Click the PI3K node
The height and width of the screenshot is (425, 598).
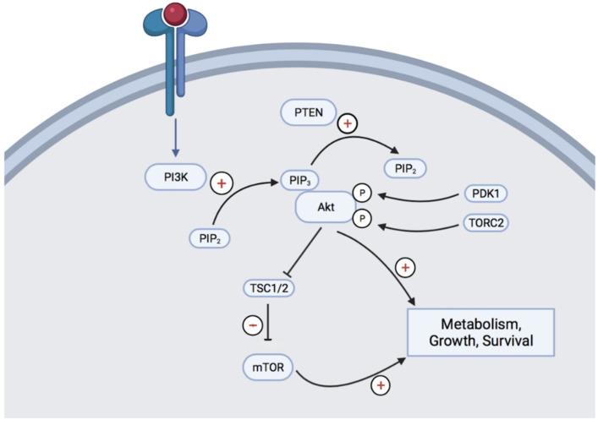click(175, 178)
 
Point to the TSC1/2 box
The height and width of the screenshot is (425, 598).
click(267, 287)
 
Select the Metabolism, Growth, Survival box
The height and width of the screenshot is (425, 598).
click(480, 331)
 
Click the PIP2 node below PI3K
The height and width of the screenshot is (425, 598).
click(211, 238)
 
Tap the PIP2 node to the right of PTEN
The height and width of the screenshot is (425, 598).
click(404, 167)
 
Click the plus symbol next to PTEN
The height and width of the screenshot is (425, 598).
click(348, 124)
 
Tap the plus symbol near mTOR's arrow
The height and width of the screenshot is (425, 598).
click(381, 386)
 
